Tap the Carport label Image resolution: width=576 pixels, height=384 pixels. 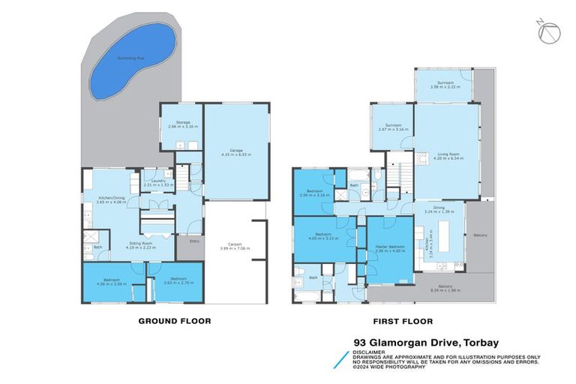(236, 245)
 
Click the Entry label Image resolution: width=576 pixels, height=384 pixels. (195, 241)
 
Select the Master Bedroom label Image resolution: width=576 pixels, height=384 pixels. (390, 248)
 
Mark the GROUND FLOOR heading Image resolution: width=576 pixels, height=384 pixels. (174, 320)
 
